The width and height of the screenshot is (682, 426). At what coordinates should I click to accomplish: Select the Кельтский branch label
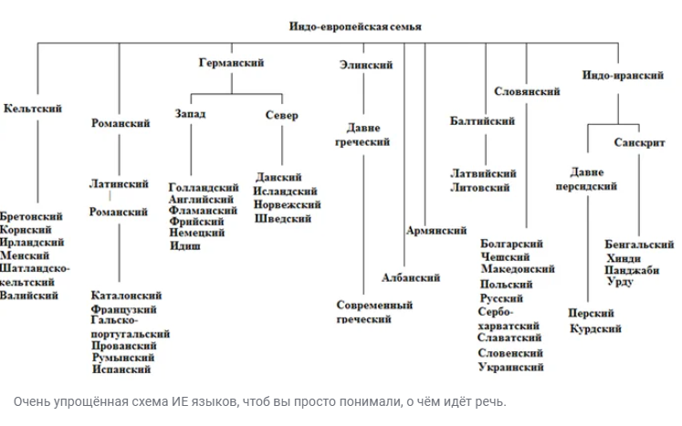(33, 109)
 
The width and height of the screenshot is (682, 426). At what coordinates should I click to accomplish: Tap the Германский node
(231, 63)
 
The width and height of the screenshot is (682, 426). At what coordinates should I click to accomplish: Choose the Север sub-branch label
(281, 115)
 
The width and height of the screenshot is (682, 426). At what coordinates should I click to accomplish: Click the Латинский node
(119, 183)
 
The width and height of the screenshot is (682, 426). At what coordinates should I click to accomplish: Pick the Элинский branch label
(365, 66)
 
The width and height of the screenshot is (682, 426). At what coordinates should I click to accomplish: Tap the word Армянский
(436, 232)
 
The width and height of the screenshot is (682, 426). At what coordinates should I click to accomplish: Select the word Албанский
(411, 277)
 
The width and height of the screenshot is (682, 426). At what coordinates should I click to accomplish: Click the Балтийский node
(482, 120)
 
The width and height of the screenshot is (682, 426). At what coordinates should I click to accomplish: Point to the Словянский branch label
(527, 92)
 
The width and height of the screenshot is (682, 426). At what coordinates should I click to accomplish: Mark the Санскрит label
(639, 143)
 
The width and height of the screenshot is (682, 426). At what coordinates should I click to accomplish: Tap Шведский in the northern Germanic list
(283, 219)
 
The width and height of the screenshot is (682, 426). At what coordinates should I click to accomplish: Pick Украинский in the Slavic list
(510, 367)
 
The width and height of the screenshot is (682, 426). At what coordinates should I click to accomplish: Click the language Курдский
(595, 327)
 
